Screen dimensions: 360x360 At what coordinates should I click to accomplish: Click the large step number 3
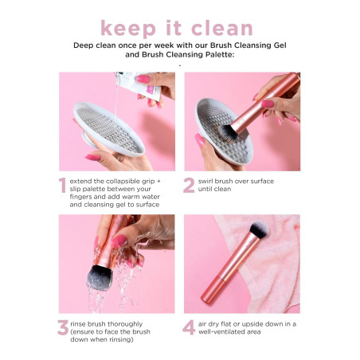pyautogui.click(x=61, y=328)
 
